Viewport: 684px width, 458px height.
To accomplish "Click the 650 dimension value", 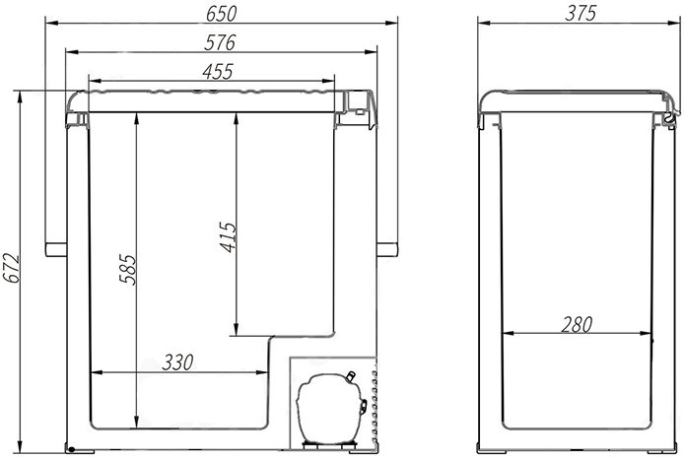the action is point(221,14).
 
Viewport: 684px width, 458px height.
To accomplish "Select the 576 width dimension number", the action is point(221,42).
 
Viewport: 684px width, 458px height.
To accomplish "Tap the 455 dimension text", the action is point(218,72).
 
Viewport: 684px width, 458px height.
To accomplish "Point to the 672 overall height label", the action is point(12,269).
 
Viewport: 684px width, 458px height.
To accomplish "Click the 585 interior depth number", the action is point(129,270).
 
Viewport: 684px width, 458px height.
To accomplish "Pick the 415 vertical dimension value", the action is point(228,237).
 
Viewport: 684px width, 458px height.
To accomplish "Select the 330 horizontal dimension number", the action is point(177,362).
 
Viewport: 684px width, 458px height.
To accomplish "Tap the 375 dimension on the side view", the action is point(581,14).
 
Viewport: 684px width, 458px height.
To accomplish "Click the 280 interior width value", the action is point(577,325).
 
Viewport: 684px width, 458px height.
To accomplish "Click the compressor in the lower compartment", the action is point(330,409).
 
